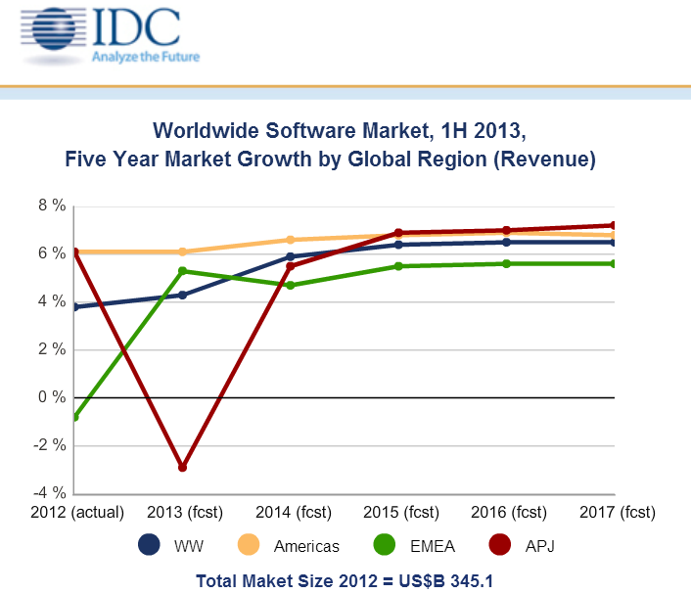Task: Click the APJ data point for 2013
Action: point(182,468)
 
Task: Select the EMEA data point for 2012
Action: point(75,417)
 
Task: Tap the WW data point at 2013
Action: point(182,295)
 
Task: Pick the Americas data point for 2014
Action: point(290,240)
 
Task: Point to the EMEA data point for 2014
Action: point(290,285)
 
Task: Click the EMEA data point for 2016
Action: point(506,263)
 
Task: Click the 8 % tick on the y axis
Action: point(52,206)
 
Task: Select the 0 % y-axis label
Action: point(52,397)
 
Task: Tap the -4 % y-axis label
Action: point(51,493)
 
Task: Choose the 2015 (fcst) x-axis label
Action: point(398,513)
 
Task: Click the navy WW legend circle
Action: point(150,546)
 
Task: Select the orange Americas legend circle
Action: point(251,546)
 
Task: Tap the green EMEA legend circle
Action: point(384,546)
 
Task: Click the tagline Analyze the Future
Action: point(146,57)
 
